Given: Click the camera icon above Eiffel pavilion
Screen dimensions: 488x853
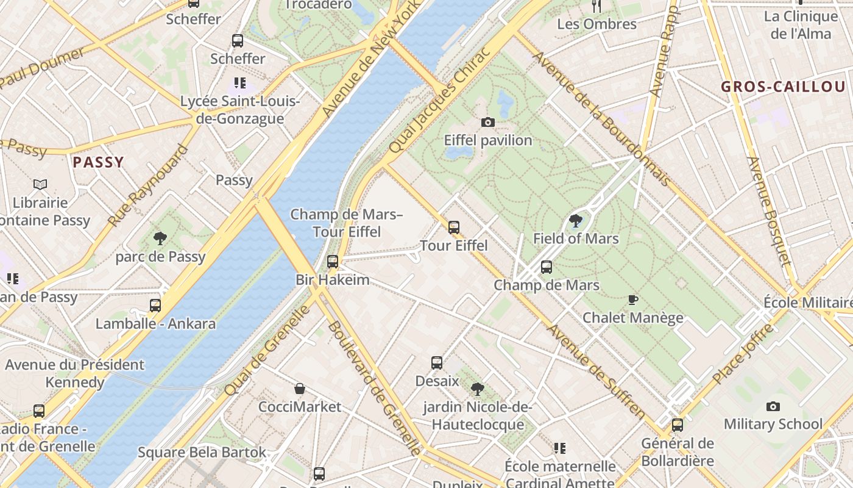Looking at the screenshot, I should (x=487, y=123).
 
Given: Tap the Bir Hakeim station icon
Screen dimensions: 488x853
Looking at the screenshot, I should (x=332, y=262).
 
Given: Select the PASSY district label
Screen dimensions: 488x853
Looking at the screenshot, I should (x=98, y=162).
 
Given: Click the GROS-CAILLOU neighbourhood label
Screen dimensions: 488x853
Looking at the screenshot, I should (x=784, y=87).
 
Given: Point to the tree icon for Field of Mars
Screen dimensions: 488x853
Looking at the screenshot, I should (x=575, y=221).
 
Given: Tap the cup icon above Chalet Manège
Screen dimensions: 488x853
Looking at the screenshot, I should (x=633, y=300).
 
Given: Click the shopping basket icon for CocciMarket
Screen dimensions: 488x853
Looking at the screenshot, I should (x=299, y=389).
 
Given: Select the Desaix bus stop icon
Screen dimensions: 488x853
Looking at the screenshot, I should (x=437, y=363).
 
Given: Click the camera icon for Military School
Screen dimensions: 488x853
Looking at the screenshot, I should (x=773, y=406).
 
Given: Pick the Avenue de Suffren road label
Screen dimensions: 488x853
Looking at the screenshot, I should (x=596, y=372).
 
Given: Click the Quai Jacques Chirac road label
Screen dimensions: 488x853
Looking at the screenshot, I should (x=439, y=101).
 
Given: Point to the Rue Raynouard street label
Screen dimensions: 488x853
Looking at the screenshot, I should (x=148, y=185).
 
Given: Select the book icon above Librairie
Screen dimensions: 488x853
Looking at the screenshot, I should (x=40, y=184).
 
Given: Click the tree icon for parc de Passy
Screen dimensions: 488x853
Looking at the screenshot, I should (x=160, y=238).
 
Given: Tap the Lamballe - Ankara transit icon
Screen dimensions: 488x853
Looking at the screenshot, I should (x=155, y=305).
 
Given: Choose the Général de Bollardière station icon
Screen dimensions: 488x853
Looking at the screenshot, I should (x=677, y=425).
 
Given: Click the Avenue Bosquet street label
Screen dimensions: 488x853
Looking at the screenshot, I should (x=769, y=211).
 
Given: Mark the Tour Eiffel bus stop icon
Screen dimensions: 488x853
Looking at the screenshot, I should (x=453, y=228).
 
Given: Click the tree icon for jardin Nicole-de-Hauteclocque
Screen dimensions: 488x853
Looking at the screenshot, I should (x=478, y=389).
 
